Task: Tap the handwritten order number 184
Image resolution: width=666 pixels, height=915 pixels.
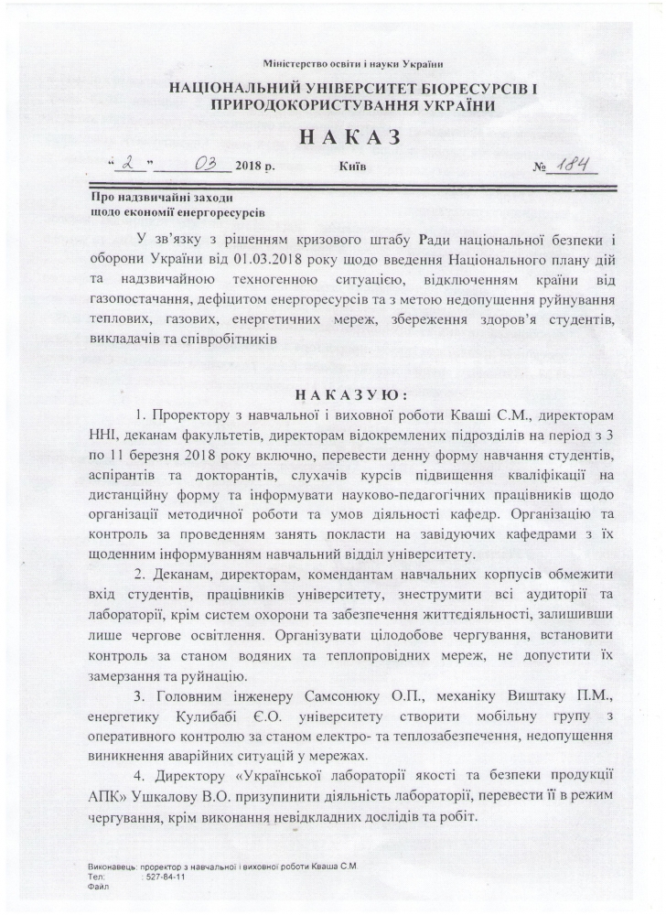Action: (x=571, y=167)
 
